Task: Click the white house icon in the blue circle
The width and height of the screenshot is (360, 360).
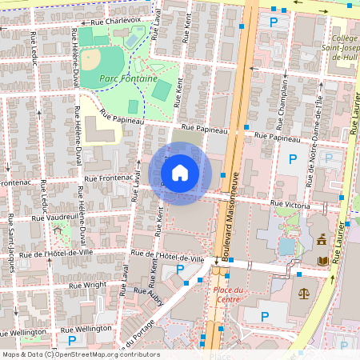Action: (x=180, y=173)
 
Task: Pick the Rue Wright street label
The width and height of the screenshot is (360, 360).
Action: (x=87, y=284)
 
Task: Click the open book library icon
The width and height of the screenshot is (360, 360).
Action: (x=322, y=261)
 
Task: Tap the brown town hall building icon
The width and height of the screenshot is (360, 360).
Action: (x=321, y=238)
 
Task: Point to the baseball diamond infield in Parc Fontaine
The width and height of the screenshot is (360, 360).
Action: (x=92, y=60)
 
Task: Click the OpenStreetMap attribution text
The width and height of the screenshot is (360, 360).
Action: (x=81, y=354)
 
